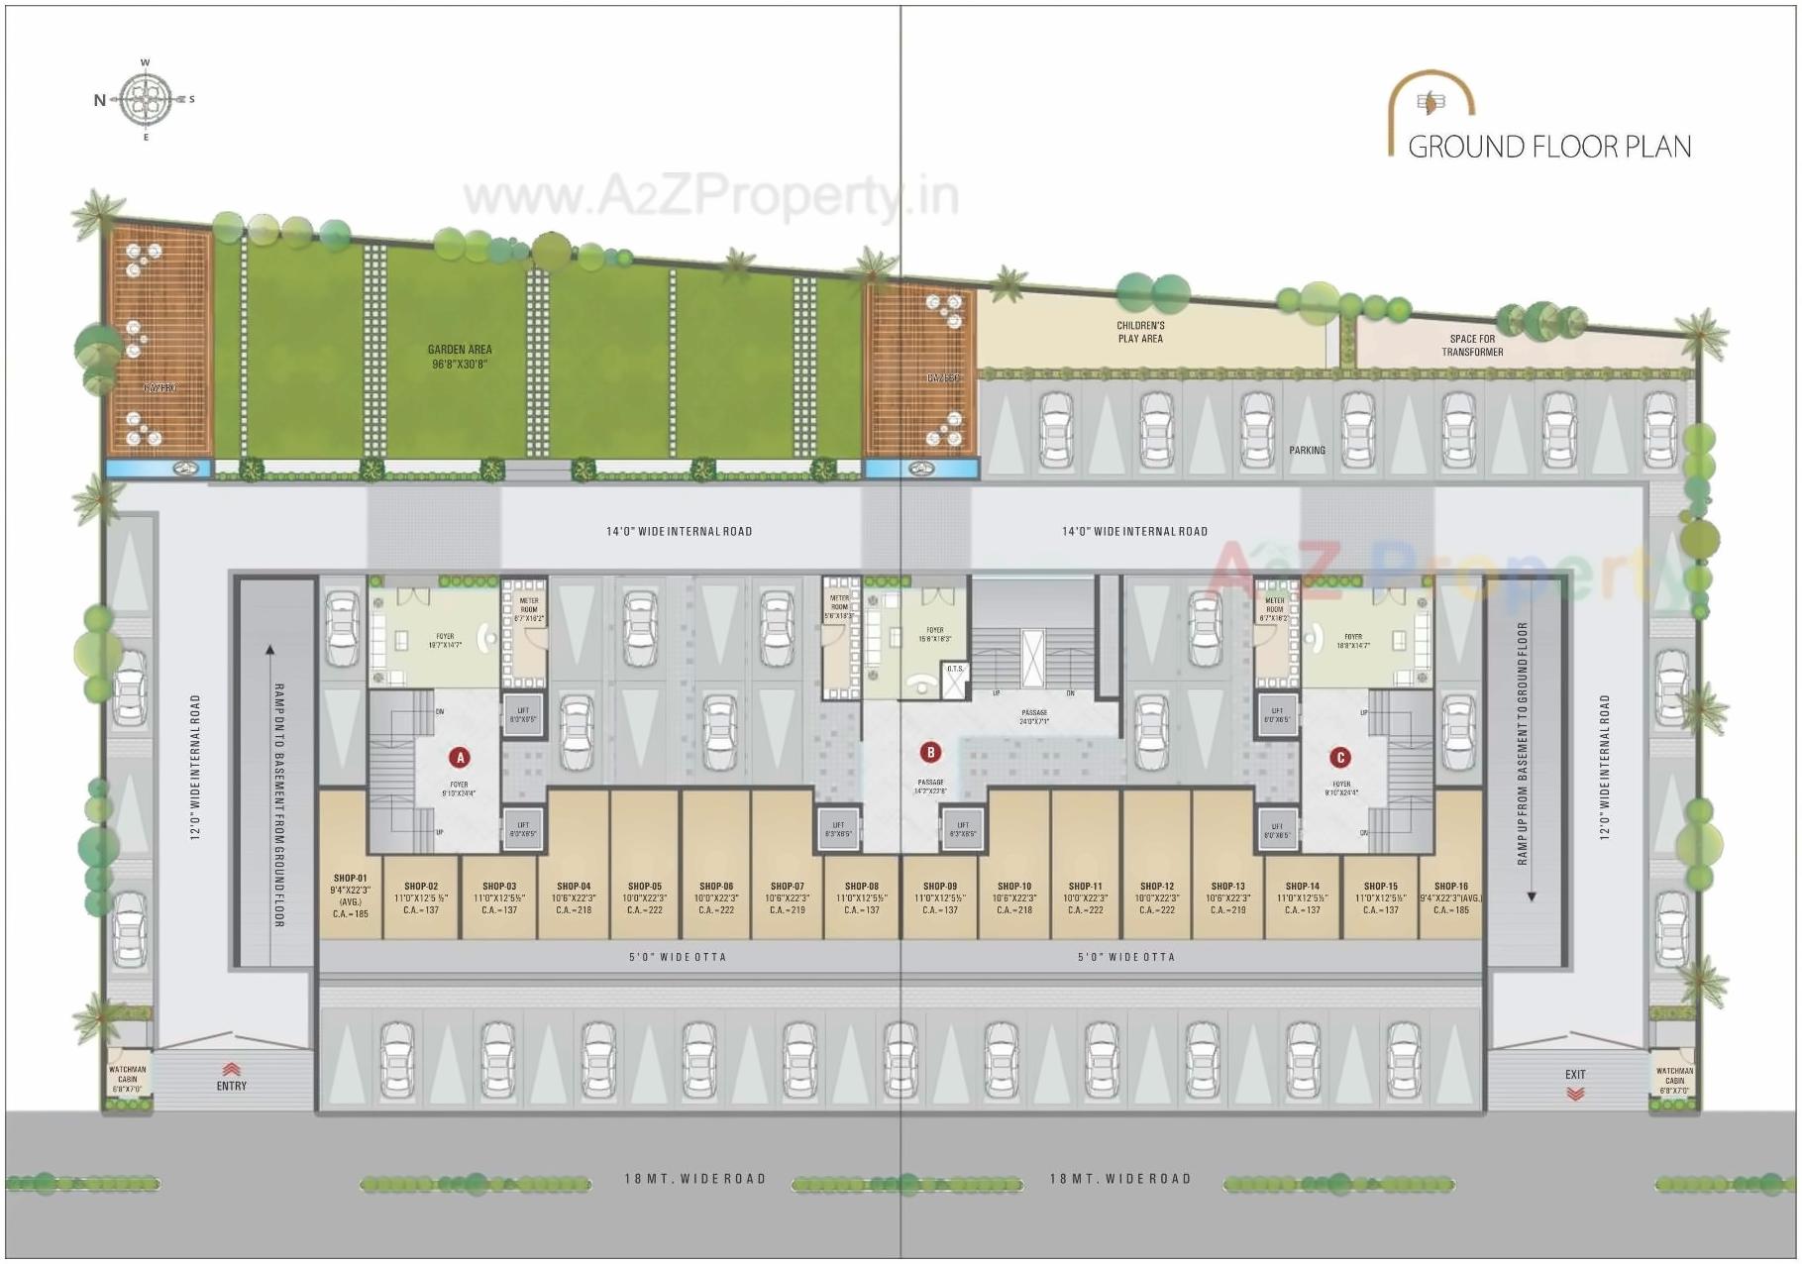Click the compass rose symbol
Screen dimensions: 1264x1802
pyautogui.click(x=146, y=99)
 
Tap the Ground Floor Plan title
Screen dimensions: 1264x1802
pyautogui.click(x=1548, y=147)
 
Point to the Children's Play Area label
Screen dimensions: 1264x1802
pyautogui.click(x=1140, y=332)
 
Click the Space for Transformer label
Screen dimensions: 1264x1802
pyautogui.click(x=1472, y=345)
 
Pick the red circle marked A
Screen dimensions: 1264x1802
pyautogui.click(x=459, y=758)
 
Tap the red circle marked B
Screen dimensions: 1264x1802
pyautogui.click(x=930, y=753)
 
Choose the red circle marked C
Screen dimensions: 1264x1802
pyautogui.click(x=1340, y=758)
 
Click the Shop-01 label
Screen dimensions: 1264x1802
pyautogui.click(x=350, y=879)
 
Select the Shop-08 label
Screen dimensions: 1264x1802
pyautogui.click(x=862, y=887)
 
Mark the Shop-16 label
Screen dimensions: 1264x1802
pyautogui.click(x=1450, y=887)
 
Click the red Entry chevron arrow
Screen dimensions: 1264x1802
pyautogui.click(x=231, y=1069)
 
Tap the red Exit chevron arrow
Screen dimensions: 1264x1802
pyautogui.click(x=1575, y=1094)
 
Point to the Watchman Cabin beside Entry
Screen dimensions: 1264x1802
pyautogui.click(x=128, y=1078)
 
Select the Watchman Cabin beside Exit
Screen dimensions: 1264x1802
pyautogui.click(x=1674, y=1078)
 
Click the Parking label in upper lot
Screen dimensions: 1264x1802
pyautogui.click(x=1307, y=451)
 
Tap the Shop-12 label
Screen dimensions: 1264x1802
pyautogui.click(x=1157, y=887)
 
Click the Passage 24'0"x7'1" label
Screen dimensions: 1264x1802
pyautogui.click(x=1034, y=716)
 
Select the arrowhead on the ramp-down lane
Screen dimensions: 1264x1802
pyautogui.click(x=270, y=651)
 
